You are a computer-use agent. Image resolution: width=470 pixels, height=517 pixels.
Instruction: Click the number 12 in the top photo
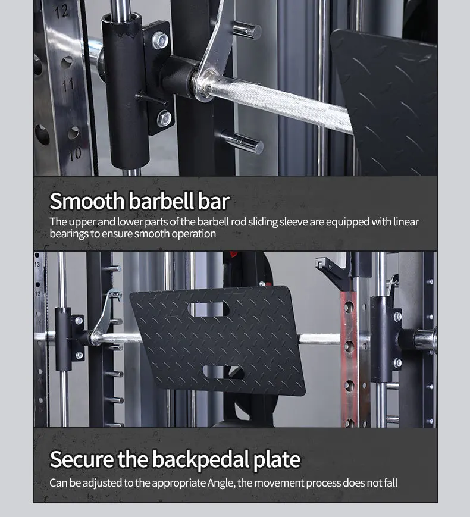pos(61,12)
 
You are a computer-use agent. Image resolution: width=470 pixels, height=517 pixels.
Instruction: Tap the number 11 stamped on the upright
pos(68,85)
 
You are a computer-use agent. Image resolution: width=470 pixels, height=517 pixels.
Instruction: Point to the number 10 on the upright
pos(75,153)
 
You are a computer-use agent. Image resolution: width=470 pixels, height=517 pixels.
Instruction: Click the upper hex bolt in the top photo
pos(160,40)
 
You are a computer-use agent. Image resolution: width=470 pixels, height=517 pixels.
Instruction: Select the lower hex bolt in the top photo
pos(164,118)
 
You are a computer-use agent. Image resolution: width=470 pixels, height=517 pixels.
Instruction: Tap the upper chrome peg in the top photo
pos(247,30)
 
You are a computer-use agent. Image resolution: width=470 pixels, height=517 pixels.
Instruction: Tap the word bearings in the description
pos(69,234)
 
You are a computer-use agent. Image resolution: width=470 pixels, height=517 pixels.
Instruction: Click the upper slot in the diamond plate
pos(208,309)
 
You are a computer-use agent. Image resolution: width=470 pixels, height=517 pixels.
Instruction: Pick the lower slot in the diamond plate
pos(224,372)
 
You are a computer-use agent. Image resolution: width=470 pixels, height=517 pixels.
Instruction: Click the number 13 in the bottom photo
pos(37,264)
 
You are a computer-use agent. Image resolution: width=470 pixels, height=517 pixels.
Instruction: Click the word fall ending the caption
pos(390,482)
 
